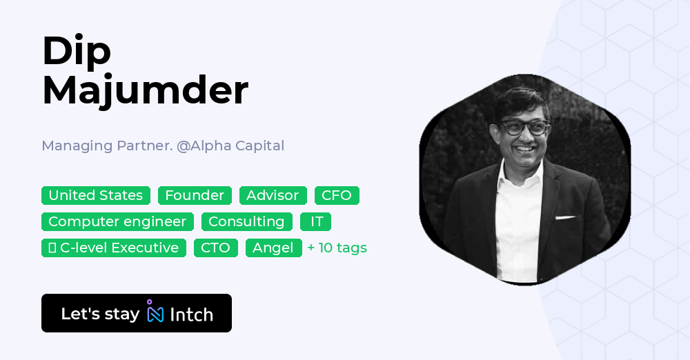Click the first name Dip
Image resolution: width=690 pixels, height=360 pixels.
tap(76, 51)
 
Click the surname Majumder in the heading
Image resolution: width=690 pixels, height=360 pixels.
tap(145, 90)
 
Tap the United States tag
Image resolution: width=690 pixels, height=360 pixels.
tap(96, 195)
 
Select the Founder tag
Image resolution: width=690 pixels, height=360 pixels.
tap(195, 195)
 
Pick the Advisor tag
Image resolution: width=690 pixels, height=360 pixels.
tap(273, 195)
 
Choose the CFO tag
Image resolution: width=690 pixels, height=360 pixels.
tap(337, 195)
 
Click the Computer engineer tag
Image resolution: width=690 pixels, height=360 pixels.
tap(117, 221)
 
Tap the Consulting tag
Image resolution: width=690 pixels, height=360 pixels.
tap(246, 221)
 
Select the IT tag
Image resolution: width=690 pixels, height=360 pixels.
tap(315, 221)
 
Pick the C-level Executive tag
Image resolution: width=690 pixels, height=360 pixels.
tap(114, 248)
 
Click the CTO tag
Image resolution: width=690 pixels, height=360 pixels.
tap(215, 248)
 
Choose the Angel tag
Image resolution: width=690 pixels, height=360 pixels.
tap(273, 248)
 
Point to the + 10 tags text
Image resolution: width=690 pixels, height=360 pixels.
tap(337, 248)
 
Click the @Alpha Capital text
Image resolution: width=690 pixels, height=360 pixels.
tap(230, 146)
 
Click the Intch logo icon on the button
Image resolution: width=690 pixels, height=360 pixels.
tap(155, 312)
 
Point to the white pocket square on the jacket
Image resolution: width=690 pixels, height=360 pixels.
tap(565, 218)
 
